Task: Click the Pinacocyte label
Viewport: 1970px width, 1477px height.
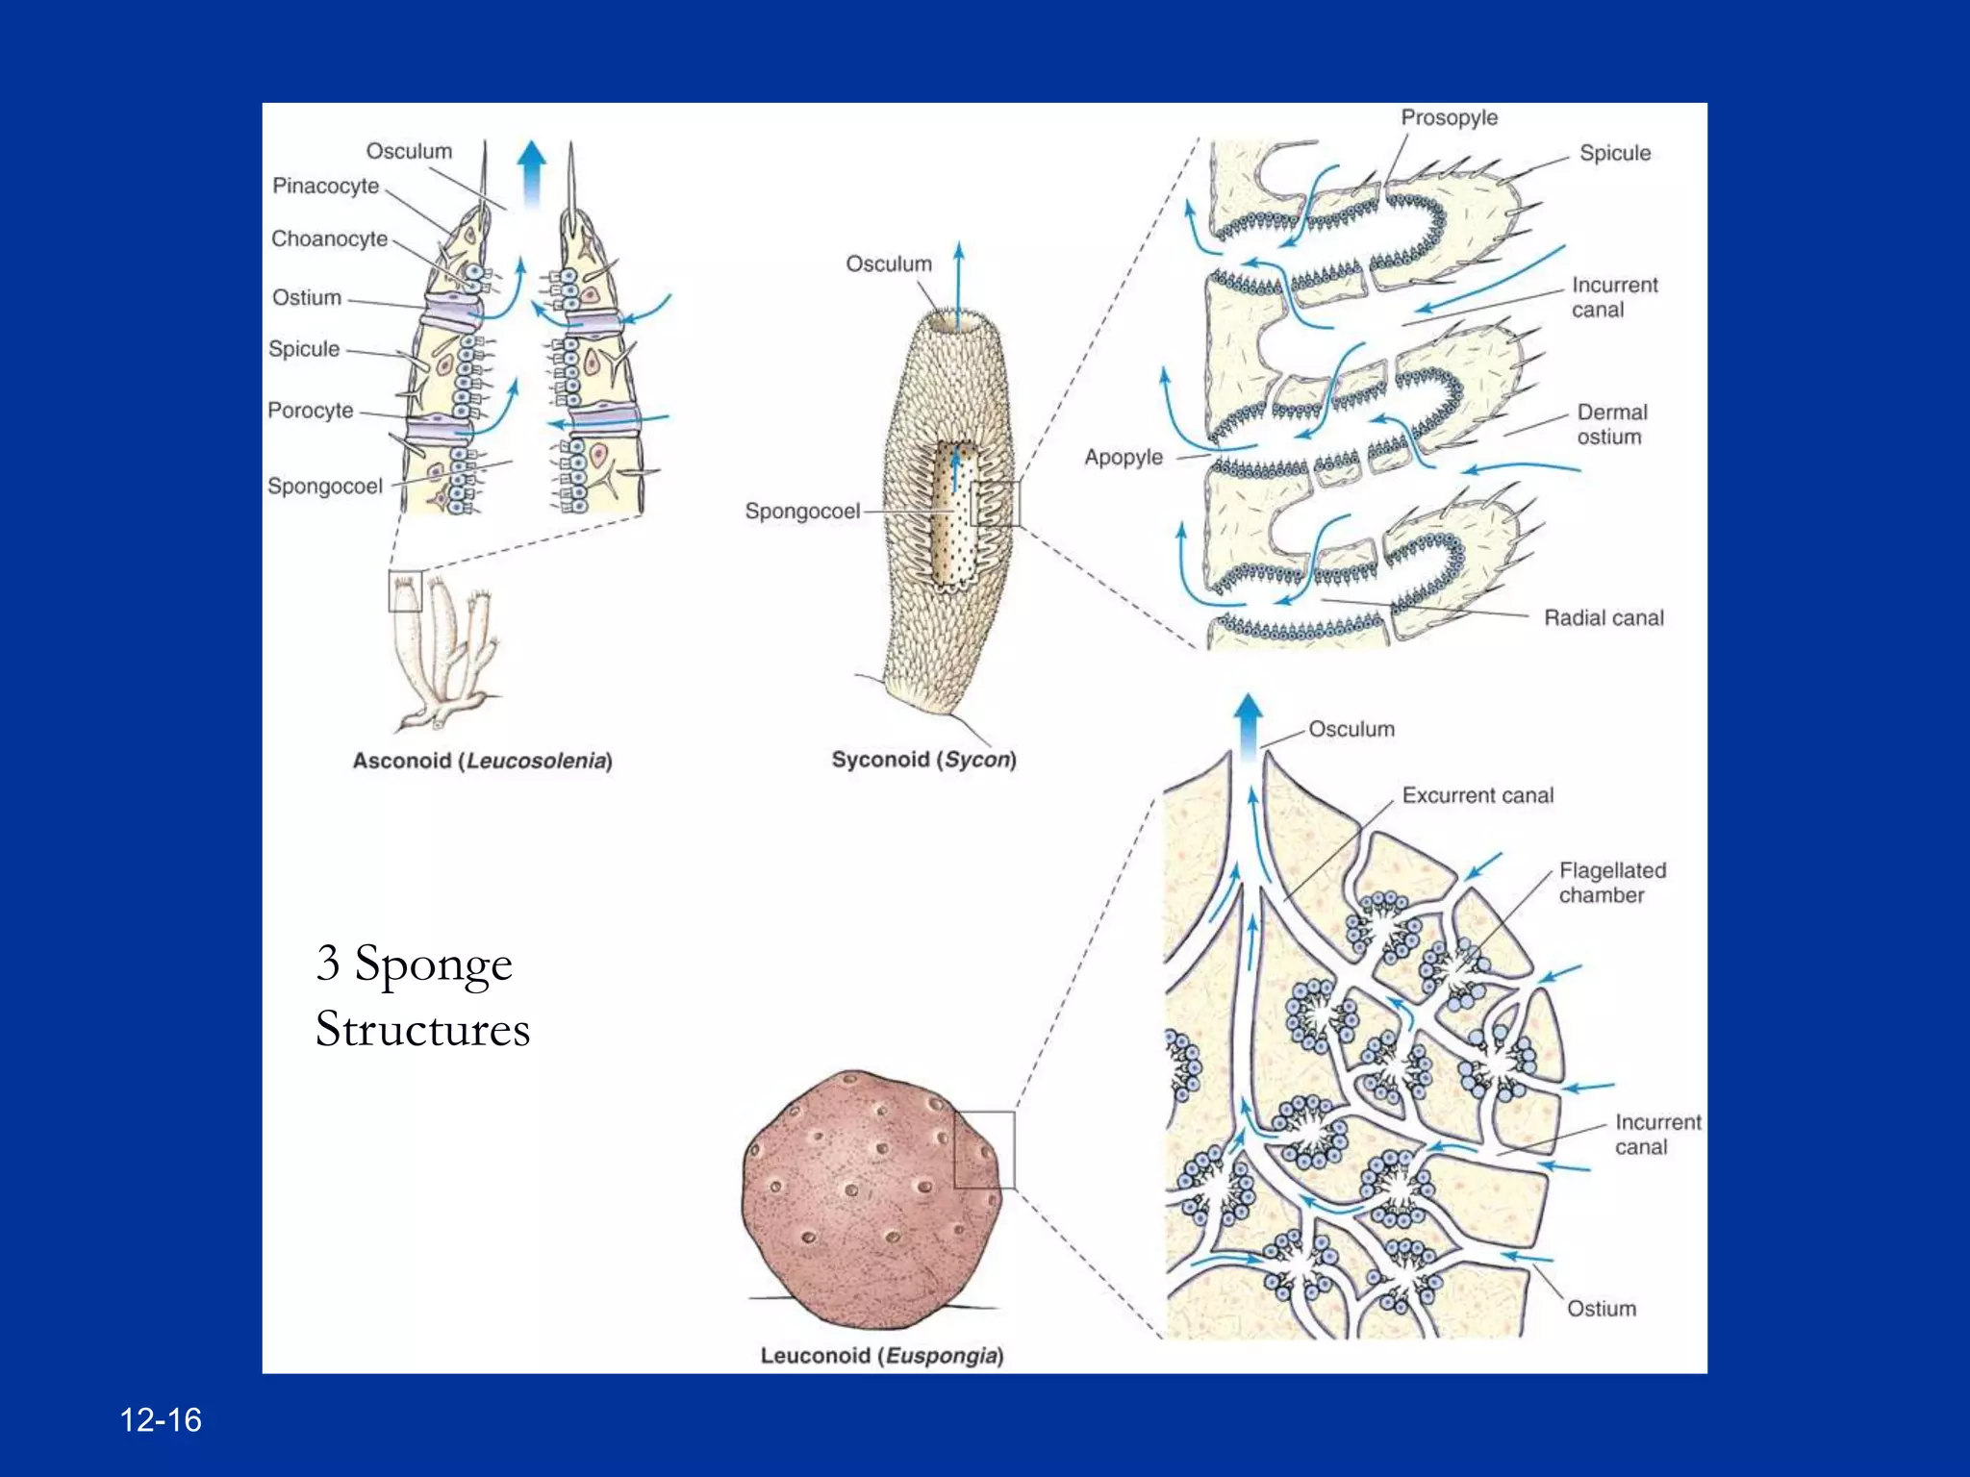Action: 325,186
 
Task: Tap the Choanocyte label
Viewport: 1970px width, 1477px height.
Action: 329,238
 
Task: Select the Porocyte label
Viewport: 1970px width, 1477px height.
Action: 310,411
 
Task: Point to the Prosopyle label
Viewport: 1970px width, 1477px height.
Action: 1449,117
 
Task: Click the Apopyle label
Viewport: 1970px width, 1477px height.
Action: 1124,457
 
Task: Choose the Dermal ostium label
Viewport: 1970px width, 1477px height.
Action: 1611,424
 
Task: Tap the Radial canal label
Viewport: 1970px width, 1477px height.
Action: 1604,617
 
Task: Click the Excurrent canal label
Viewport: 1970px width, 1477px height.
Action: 1477,795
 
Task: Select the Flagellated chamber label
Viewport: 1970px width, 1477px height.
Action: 1611,883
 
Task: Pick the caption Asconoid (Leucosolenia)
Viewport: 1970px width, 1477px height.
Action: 482,761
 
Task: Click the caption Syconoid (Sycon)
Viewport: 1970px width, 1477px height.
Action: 923,760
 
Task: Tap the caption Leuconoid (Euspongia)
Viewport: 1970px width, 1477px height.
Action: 881,1356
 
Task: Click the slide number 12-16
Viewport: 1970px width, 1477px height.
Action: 161,1420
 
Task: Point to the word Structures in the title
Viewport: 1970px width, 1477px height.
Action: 422,1029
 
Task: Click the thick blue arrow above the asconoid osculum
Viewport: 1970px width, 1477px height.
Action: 531,173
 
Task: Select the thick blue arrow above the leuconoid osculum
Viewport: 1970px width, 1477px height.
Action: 1248,726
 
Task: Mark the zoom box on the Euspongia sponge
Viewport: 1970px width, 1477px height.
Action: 983,1149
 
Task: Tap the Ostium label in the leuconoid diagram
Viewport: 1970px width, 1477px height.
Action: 1601,1309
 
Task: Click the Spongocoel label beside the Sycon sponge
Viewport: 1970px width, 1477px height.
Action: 802,511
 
